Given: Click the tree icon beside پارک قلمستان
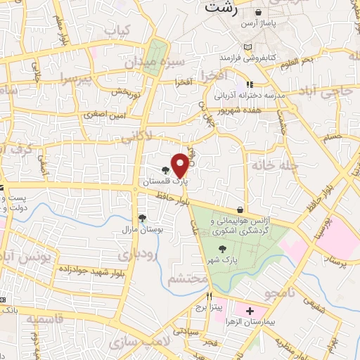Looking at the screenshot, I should coord(166,170).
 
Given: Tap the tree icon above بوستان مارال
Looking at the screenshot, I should coord(143,219).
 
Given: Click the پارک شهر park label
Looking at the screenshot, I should coord(224,261).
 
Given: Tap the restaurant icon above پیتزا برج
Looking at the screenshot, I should coord(209,296).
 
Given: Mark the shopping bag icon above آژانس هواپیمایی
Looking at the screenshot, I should coord(240,210).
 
